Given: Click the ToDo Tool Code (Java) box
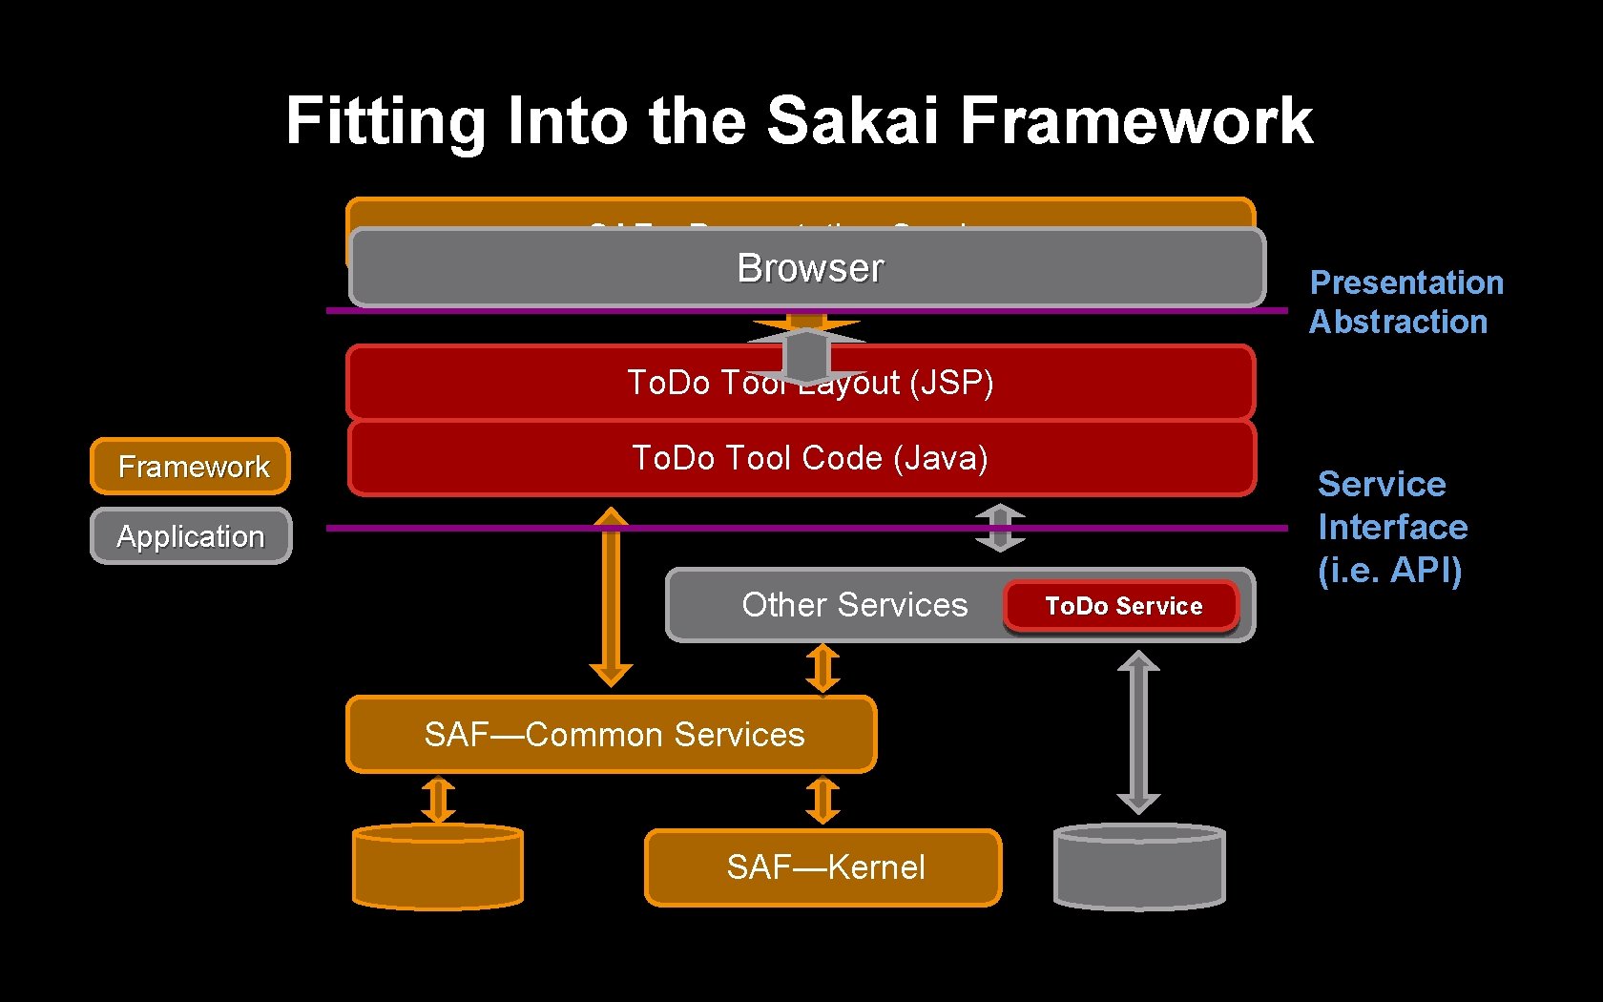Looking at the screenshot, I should point(809,459).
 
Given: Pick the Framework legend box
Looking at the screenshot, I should point(191,467).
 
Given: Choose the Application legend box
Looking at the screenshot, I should point(191,536).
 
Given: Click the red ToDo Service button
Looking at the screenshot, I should point(1122,606).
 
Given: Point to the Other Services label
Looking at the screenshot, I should point(854,605).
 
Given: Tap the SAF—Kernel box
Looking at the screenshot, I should point(824,867).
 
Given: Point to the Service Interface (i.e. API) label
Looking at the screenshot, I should point(1391,527).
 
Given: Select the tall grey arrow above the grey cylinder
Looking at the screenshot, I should point(1138,732).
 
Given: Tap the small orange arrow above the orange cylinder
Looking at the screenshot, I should point(438,800).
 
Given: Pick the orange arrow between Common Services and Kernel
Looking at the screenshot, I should point(822,800).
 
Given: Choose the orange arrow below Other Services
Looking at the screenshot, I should point(822,668).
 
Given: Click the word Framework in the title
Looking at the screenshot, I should point(1135,120).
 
